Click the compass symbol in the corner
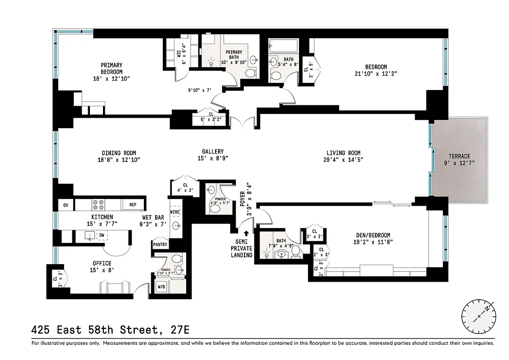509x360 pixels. tap(479, 316)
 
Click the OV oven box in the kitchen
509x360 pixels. tap(66, 205)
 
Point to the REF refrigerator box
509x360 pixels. tap(133, 205)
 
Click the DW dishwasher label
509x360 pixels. tap(102, 235)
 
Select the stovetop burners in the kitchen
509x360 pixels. tap(98, 205)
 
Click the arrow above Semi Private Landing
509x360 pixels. tap(246, 234)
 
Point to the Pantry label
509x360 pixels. tap(161, 245)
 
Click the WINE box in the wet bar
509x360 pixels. tap(174, 211)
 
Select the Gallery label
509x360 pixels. tap(213, 152)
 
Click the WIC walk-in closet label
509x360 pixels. tap(179, 54)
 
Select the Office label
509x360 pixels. tap(102, 263)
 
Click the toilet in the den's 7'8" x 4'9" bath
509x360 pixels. tap(296, 254)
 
